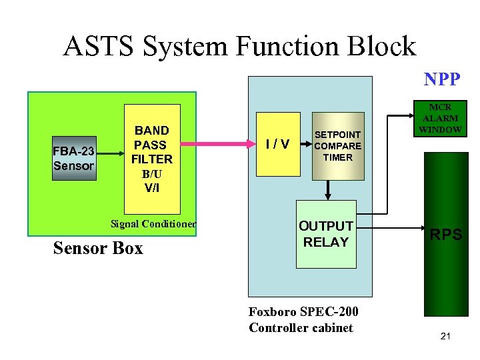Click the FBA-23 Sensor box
75,158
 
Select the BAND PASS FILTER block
152,158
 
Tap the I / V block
277,144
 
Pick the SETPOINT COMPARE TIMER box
338,146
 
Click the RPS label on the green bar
445,235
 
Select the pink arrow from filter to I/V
217,143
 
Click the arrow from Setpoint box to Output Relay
327,189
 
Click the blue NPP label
441,80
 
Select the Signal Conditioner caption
153,224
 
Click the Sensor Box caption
97,249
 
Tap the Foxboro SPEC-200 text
303,311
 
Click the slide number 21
445,336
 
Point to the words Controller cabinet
301,327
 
